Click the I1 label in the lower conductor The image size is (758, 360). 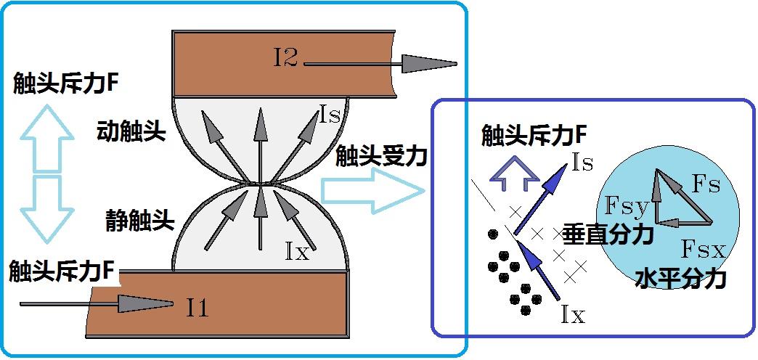[x=197, y=307]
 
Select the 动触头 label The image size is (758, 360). [x=131, y=131]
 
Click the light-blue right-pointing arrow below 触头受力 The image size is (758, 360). [x=372, y=192]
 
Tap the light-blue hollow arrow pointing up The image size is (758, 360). [x=48, y=138]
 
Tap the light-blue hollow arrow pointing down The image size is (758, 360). [x=48, y=208]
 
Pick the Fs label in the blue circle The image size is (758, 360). [x=706, y=185]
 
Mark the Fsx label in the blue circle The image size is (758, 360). [x=704, y=250]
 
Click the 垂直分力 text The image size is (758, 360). [x=608, y=234]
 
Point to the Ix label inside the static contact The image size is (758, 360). [x=297, y=253]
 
